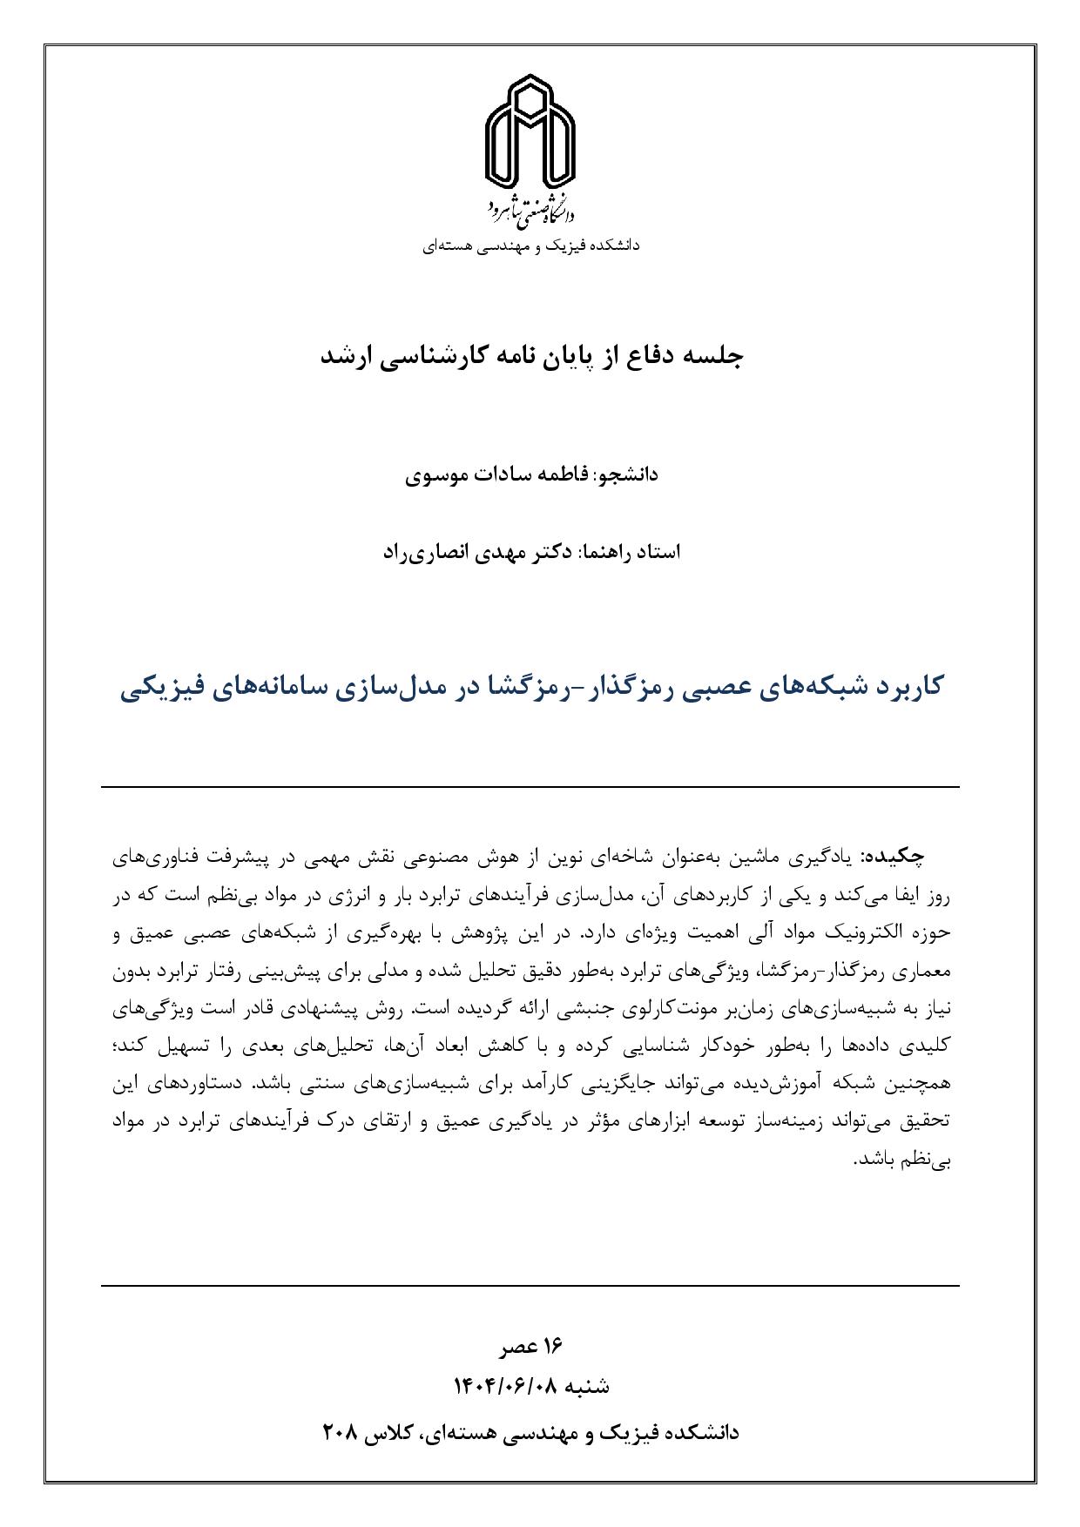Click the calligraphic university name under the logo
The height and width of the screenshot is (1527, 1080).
pyautogui.click(x=530, y=207)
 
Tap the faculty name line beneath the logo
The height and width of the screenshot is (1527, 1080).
pyautogui.click(x=531, y=246)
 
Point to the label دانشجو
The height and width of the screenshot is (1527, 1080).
pyautogui.click(x=627, y=474)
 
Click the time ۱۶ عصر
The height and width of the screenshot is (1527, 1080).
pyautogui.click(x=531, y=1347)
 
